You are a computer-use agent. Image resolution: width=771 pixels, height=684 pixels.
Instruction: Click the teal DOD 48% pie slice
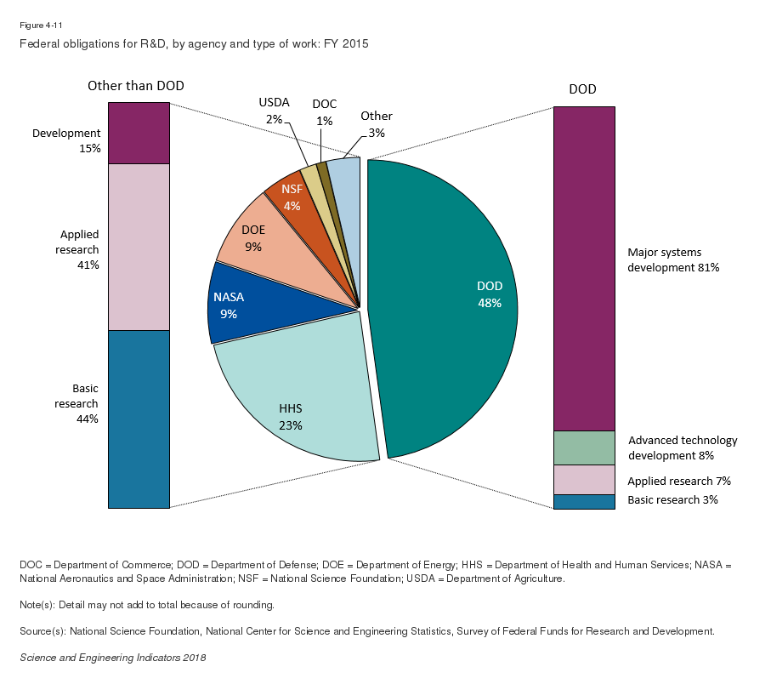point(451,306)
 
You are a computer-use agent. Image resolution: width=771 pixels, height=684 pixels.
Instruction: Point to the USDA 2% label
point(274,111)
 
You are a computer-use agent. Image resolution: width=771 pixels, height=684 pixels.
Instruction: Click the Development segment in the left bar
point(139,134)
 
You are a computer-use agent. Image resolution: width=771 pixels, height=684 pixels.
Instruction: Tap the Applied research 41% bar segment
point(139,247)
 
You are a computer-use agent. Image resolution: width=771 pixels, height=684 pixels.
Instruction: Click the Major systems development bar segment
point(584,268)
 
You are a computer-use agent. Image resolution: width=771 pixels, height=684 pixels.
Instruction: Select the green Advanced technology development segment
point(584,447)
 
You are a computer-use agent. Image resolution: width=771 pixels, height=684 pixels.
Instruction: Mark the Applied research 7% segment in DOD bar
point(584,479)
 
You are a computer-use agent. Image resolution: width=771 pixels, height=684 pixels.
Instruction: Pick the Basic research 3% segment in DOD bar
point(584,501)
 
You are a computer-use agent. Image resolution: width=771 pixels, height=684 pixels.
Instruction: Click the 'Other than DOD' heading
point(136,86)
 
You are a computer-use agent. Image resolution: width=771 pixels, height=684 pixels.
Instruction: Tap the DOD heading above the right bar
point(583,89)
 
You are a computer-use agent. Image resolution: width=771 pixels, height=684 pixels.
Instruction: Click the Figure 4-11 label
point(36,26)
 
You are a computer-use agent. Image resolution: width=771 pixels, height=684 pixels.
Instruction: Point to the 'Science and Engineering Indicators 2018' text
point(112,658)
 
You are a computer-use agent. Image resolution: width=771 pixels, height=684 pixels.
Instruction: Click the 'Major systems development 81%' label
point(673,259)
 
